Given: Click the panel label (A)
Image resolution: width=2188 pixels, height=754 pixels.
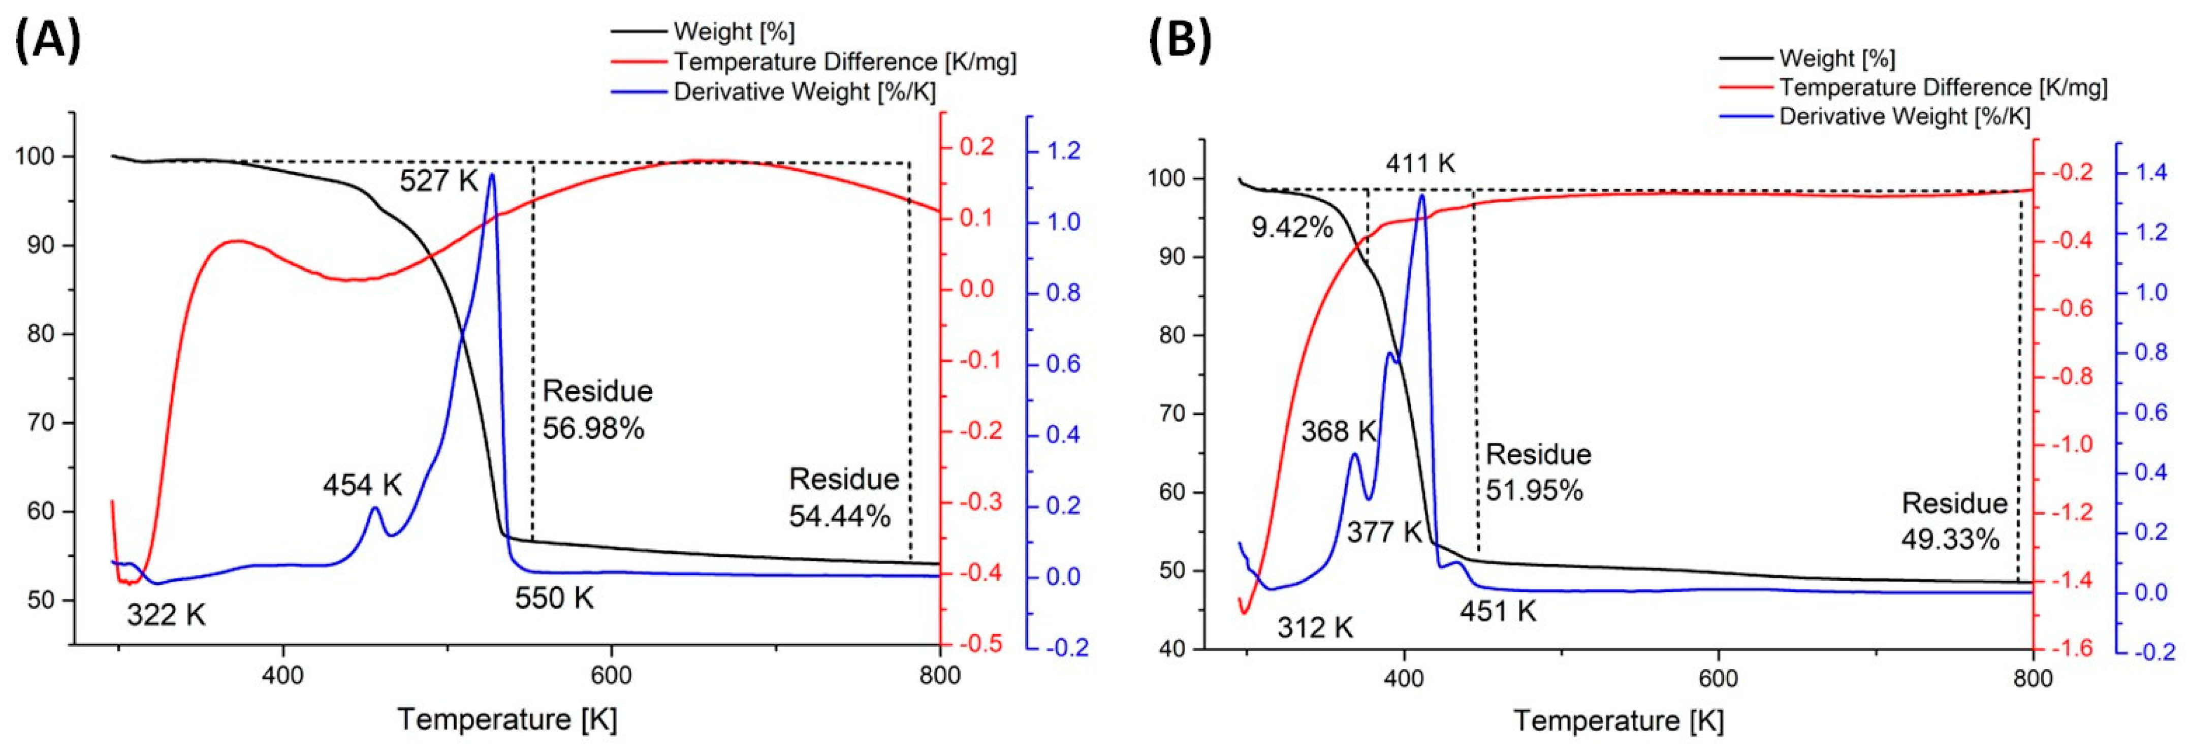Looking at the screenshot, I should pyautogui.click(x=48, y=40).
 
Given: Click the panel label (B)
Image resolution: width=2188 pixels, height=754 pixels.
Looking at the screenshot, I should pyautogui.click(x=1181, y=40).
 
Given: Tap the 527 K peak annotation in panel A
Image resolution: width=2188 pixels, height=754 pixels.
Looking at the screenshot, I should pyautogui.click(x=438, y=181).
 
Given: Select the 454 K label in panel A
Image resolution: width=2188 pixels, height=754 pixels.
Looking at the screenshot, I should pyautogui.click(x=362, y=485).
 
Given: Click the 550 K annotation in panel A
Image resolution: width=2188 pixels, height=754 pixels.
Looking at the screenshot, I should pyautogui.click(x=554, y=598).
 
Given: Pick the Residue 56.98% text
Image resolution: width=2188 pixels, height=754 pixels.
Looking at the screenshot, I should pyautogui.click(x=597, y=410).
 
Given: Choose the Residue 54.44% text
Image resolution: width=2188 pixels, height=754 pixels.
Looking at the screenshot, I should pyautogui.click(x=843, y=497).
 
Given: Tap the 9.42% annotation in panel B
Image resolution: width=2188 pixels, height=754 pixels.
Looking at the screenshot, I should pyautogui.click(x=1292, y=228).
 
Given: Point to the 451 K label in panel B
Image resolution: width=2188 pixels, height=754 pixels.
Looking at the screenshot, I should pyautogui.click(x=1498, y=611).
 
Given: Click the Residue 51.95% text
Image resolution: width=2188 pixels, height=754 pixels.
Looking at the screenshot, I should pyautogui.click(x=1537, y=472).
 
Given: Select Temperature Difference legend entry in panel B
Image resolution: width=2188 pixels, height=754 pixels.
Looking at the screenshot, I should pyautogui.click(x=1943, y=87).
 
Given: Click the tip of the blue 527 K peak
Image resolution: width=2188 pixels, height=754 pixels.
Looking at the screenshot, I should pyautogui.click(x=491, y=174).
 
